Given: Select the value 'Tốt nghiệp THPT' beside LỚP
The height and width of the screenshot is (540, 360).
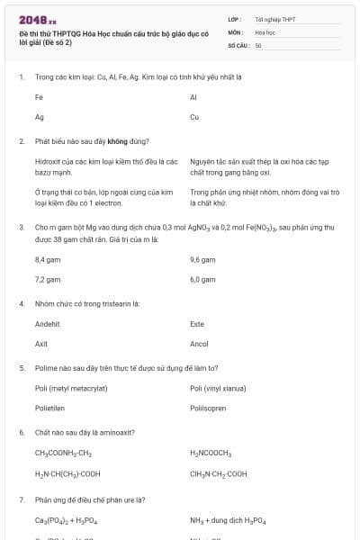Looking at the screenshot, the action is coord(274,19).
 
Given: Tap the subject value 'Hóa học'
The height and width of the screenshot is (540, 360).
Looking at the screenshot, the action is coord(265,31).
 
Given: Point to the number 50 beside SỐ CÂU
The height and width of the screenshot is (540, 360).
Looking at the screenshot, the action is coord(258,44).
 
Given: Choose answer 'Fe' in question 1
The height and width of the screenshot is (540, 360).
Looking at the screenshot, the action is coord(39,97).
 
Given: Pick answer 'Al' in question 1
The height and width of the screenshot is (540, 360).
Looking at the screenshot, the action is coord(193,97).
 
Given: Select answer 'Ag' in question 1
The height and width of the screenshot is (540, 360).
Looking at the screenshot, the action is coord(40,117).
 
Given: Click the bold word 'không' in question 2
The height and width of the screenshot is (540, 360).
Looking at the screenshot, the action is coord(117,141).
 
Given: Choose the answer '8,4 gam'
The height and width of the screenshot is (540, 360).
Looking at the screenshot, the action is coord(47,259).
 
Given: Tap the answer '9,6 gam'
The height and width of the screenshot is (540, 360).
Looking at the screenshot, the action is coord(202,259).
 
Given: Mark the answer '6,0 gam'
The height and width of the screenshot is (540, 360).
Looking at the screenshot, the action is coord(202,279).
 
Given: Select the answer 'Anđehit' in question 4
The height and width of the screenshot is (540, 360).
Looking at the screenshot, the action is coord(47,323).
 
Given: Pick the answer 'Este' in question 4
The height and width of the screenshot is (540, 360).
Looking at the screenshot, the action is coord(197,323).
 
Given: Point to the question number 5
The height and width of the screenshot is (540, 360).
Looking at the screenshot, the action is coord(22,368).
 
